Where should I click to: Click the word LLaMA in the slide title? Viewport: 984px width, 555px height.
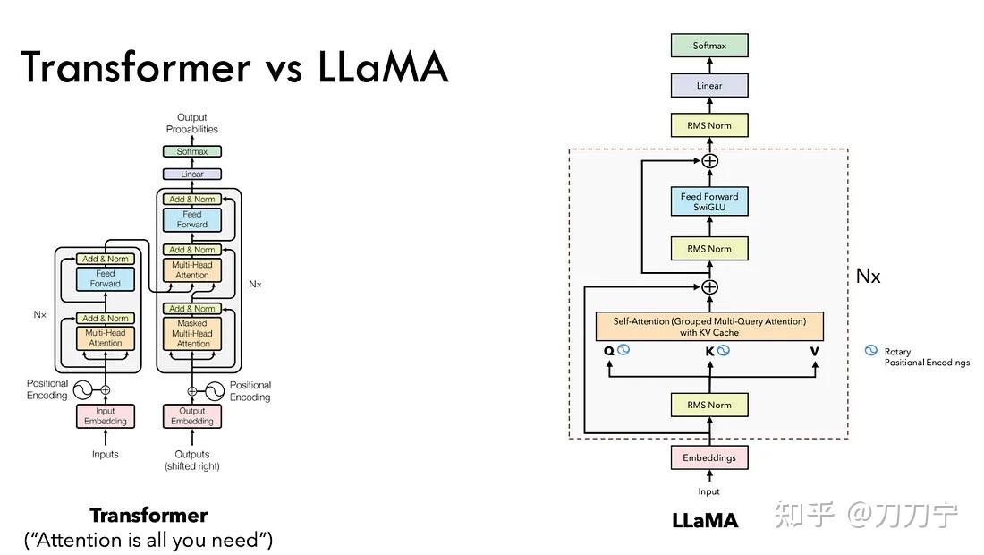pos(383,67)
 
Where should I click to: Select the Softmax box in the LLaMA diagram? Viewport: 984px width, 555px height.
pos(709,46)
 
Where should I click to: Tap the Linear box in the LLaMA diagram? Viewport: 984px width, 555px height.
pos(709,86)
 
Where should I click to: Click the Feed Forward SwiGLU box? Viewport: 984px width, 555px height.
pos(709,201)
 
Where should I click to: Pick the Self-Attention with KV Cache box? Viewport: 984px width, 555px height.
pos(709,327)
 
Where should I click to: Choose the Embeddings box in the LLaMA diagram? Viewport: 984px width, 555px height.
pos(709,457)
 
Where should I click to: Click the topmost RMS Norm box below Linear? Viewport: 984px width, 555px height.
pos(709,125)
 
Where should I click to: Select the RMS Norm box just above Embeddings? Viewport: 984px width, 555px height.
pos(709,405)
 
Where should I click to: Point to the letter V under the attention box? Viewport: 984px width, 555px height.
pos(814,351)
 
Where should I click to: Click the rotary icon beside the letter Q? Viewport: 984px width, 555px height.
pos(624,350)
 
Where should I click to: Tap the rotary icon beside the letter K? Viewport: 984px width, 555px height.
pos(724,350)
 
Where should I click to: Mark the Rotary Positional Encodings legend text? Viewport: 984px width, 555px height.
pos(926,357)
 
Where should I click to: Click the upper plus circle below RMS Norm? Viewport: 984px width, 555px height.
pos(709,161)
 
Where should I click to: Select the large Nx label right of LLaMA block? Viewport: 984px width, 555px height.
pos(868,276)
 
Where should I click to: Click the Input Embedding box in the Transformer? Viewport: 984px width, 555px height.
pos(106,416)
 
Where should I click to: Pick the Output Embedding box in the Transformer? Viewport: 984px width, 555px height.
pos(192,416)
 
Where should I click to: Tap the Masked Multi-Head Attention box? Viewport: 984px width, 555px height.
pos(193,333)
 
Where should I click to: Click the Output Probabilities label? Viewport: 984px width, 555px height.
pos(191,124)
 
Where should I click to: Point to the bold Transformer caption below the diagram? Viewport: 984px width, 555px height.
pos(148,516)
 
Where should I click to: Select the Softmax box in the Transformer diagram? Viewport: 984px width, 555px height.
pos(191,152)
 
